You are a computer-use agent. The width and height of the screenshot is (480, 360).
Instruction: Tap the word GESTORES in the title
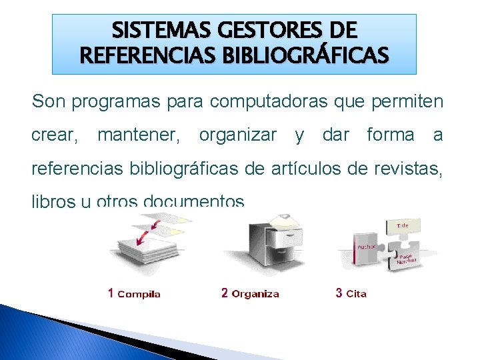(257, 31)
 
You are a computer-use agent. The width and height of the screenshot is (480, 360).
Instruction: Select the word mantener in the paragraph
(138, 135)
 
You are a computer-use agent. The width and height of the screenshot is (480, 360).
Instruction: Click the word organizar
(237, 135)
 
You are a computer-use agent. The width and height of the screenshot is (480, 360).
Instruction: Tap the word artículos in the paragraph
(304, 169)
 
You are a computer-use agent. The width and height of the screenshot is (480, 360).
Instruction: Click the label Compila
(139, 294)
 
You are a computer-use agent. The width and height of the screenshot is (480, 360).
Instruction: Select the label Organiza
(255, 294)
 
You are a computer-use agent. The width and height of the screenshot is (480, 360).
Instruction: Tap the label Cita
(357, 294)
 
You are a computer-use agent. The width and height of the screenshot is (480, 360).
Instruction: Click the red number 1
(111, 293)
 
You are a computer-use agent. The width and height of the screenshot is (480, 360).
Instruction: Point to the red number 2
(225, 293)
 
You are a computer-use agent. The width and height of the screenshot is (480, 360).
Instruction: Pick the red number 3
(339, 293)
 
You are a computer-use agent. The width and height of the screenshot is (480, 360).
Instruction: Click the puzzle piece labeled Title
(403, 227)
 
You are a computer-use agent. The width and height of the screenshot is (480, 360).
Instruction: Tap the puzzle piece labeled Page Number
(405, 259)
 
